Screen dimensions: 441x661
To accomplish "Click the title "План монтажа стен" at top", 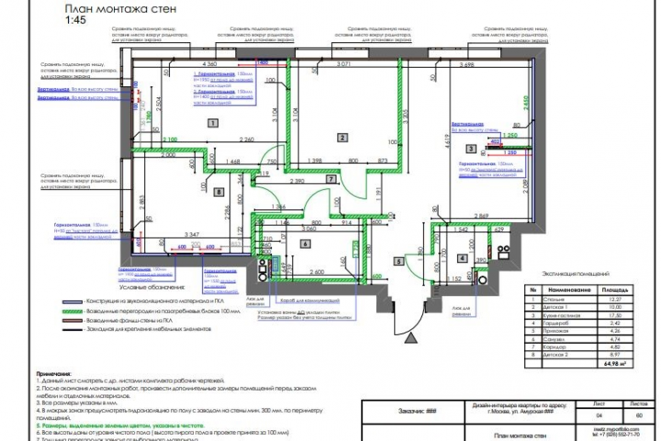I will click(108, 9).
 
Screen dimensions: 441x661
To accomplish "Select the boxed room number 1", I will click(212, 122).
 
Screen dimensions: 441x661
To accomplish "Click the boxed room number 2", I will click(342, 137).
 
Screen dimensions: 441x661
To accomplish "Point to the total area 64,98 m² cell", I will click(609, 363).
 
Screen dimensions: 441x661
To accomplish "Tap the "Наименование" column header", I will click(563, 288).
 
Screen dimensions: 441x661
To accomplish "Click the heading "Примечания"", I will click(53, 375).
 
